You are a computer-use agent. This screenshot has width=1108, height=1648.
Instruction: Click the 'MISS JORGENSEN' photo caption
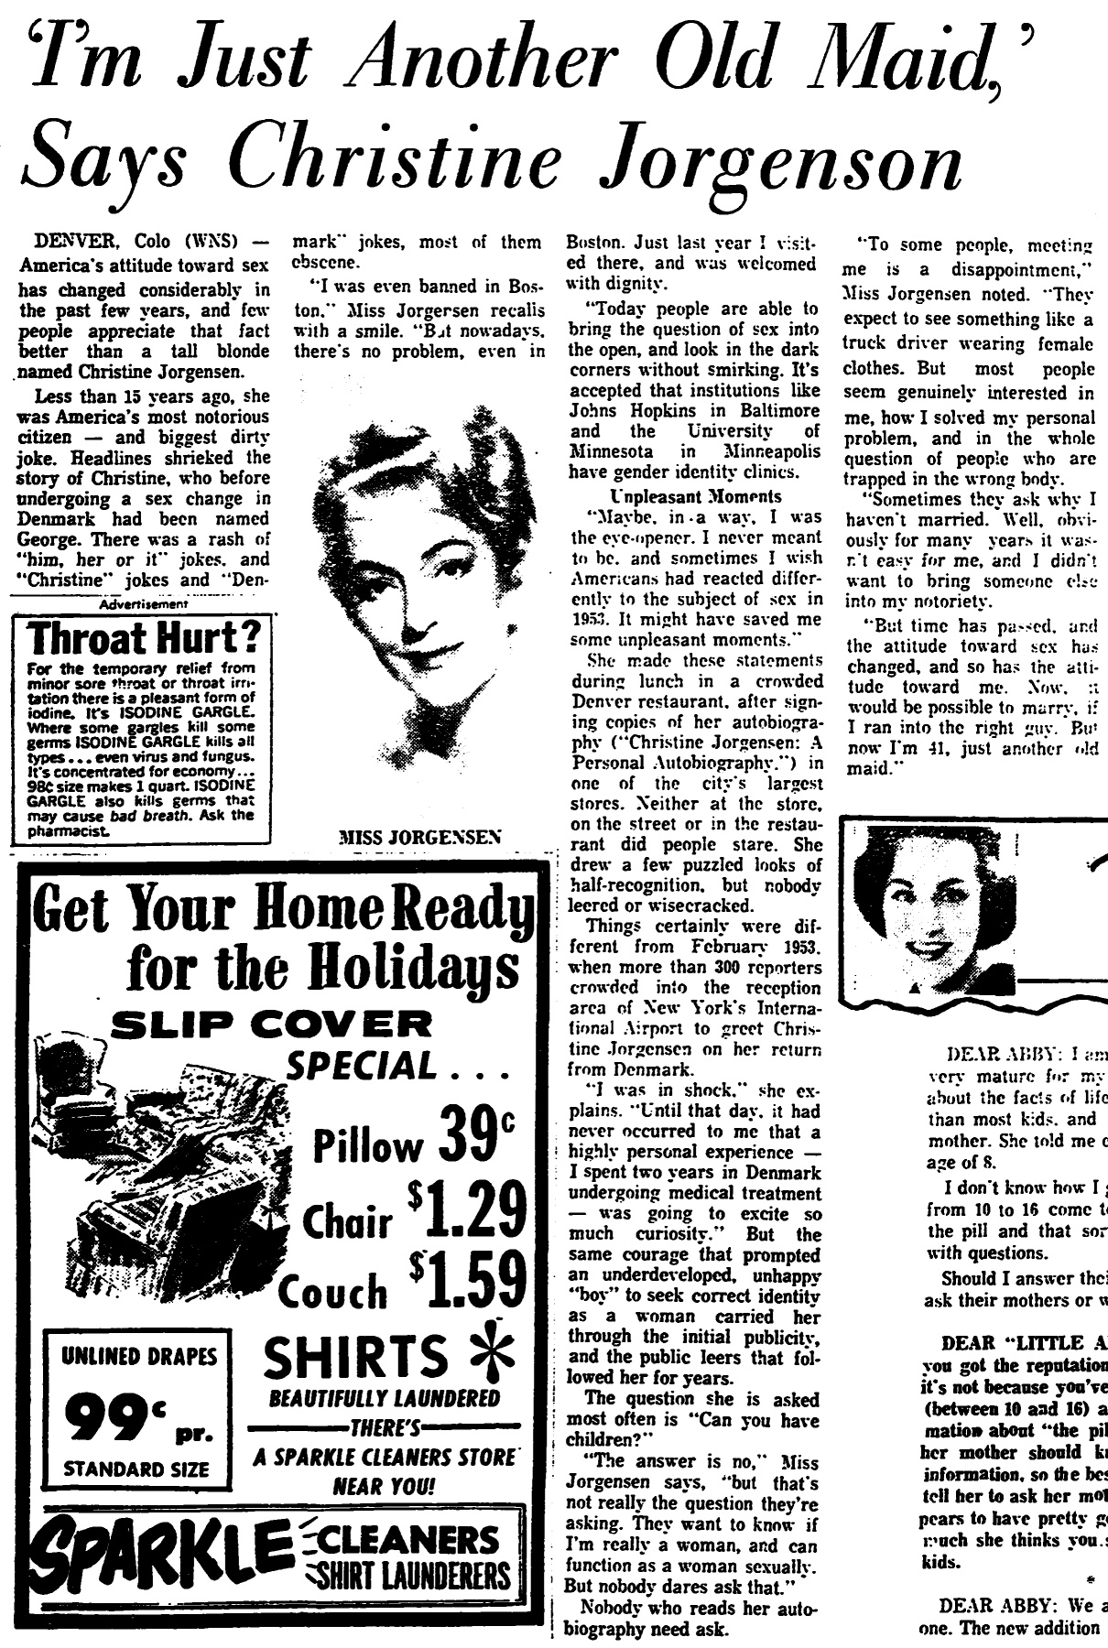pos(418,837)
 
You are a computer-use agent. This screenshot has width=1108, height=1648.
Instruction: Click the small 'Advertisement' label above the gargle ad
pos(144,604)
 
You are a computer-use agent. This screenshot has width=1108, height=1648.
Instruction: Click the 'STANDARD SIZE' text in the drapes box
pos(136,1470)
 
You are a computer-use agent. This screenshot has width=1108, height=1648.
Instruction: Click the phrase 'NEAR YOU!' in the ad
pos(384,1485)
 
